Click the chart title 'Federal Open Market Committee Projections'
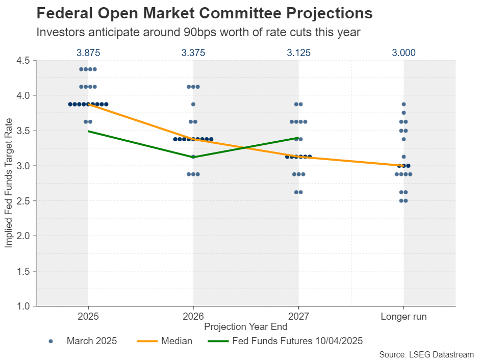[x=205, y=13]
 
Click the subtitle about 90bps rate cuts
[x=198, y=32]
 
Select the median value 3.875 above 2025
[x=88, y=53]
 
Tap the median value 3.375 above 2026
[x=193, y=53]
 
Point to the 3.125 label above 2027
[x=298, y=53]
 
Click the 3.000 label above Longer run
[x=403, y=53]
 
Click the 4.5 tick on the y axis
[x=24, y=61]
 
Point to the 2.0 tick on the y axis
[x=24, y=236]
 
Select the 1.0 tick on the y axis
[x=24, y=306]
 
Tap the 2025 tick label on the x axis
[x=88, y=317]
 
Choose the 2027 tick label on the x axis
[x=298, y=317]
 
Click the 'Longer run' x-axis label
[x=403, y=317]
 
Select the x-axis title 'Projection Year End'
[x=245, y=327]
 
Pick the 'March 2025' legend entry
[x=91, y=341]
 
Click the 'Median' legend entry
[x=176, y=341]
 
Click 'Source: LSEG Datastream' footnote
[x=426, y=354]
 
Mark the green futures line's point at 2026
[x=193, y=157]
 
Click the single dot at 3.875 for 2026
[x=193, y=104]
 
